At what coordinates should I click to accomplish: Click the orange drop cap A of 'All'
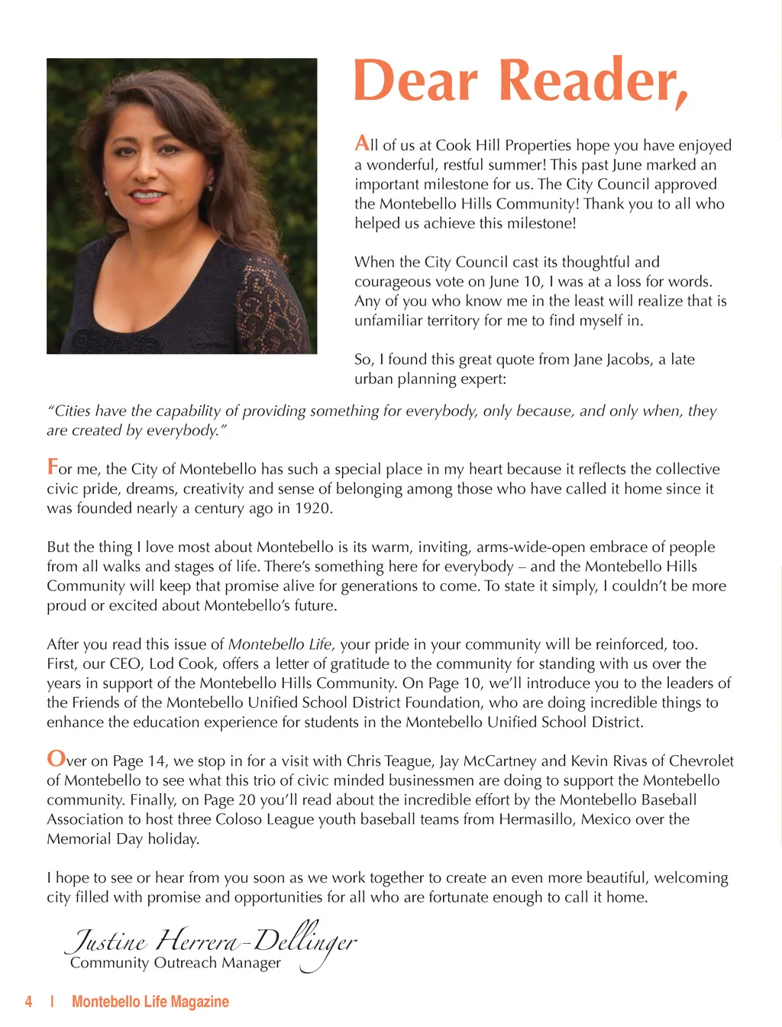(x=362, y=143)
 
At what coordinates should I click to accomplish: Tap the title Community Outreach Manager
(x=175, y=963)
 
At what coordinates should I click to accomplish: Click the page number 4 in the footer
(x=29, y=1002)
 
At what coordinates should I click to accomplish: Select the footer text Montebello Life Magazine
(x=150, y=1002)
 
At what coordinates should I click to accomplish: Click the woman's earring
(x=211, y=183)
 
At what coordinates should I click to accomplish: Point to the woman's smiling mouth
(x=149, y=195)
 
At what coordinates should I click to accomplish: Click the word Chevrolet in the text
(x=701, y=761)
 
